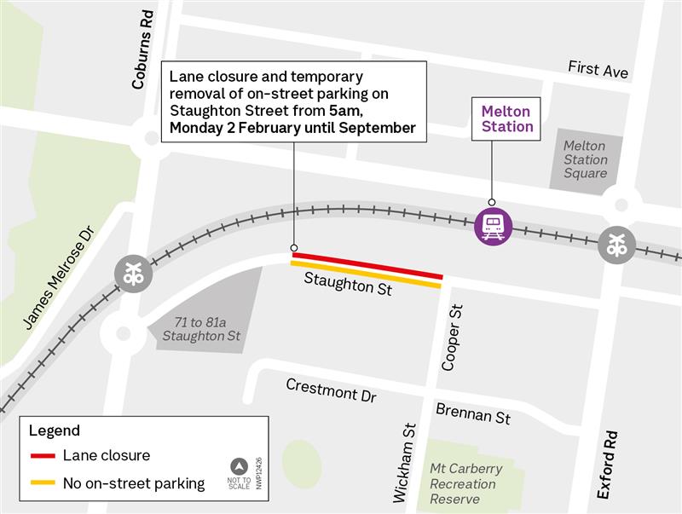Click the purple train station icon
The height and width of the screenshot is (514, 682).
[x=494, y=226]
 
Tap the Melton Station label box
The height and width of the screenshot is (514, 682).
[x=506, y=118]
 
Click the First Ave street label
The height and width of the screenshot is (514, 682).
[x=598, y=70]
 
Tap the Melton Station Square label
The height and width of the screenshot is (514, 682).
[x=585, y=159]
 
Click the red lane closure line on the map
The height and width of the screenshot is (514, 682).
[x=367, y=265]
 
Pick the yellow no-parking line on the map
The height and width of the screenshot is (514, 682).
[x=366, y=274]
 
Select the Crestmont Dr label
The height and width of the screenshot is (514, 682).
[x=330, y=390]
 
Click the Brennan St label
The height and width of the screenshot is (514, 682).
[x=473, y=414]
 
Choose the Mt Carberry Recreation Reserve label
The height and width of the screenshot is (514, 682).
[x=465, y=483]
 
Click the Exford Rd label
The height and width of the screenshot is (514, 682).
[x=607, y=465]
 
